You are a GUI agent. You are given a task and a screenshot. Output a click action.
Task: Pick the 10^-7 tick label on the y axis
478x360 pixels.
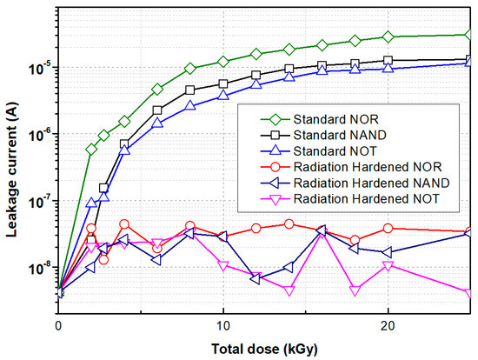pyautogui.click(x=39, y=202)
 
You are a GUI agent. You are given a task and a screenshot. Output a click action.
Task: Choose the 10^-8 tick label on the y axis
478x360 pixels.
pyautogui.click(x=39, y=269)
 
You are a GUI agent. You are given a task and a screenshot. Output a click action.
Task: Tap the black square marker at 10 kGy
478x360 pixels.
pyautogui.click(x=223, y=84)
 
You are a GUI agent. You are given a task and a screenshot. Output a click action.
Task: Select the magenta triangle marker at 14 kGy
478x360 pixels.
pyautogui.click(x=289, y=290)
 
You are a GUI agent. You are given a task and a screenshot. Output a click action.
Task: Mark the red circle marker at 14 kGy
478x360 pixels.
pyautogui.click(x=289, y=223)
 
